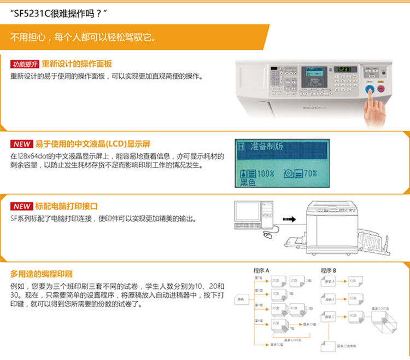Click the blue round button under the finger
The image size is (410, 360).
[370, 89]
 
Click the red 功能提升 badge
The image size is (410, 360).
[25, 64]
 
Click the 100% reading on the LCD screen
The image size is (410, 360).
[263, 173]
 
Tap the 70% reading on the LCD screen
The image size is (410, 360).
[309, 173]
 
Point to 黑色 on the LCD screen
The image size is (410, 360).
[249, 183]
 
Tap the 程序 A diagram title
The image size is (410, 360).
[262, 270]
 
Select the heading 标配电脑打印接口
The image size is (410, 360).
[66, 206]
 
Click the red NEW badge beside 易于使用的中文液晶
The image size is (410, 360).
[22, 144]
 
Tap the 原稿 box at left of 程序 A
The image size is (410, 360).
[241, 299]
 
